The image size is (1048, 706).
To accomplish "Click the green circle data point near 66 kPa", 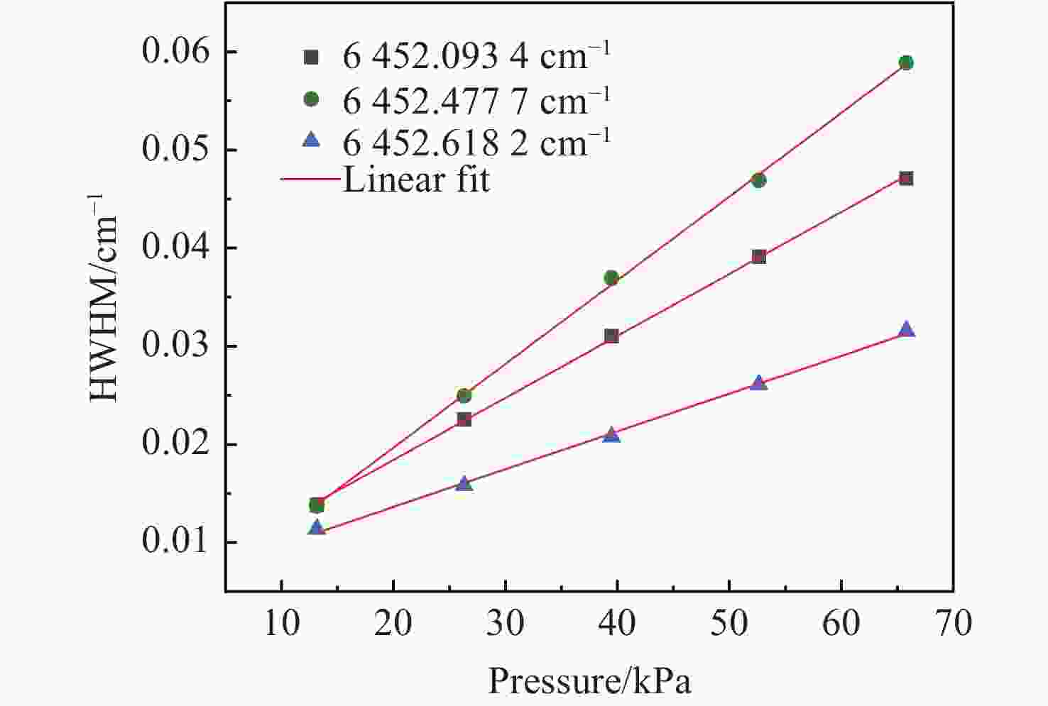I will point(906,63).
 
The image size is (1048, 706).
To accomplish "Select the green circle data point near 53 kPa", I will point(758,180).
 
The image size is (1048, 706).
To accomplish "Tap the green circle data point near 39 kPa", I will point(611,278).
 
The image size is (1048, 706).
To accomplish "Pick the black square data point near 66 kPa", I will point(906,179).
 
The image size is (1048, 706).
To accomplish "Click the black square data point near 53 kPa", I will point(758,257).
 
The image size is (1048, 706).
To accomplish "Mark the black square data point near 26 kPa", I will point(464,420).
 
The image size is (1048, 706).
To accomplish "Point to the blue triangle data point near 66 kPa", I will point(906,330).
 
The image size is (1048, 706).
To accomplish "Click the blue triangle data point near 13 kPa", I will point(317,528).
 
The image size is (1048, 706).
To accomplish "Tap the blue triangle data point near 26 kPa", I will point(464,484).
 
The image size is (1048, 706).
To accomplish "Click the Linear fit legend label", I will point(416,180).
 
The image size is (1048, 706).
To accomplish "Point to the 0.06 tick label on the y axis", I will point(177,52).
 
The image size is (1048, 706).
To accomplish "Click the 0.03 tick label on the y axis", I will point(177,346).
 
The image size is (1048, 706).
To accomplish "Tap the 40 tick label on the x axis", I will point(617,624).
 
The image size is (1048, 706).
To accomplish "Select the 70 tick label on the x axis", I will point(953,624).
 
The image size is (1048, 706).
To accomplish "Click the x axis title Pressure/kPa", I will point(589,682).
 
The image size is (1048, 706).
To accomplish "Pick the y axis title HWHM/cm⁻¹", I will point(105,298).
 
